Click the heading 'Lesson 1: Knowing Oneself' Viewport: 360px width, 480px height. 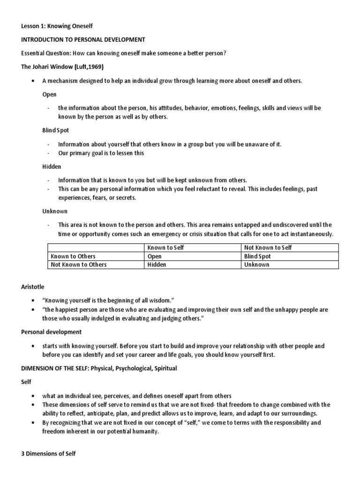[58, 26]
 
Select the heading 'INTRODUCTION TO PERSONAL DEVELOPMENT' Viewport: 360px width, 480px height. [83, 40]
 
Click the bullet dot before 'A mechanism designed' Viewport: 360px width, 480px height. [32, 81]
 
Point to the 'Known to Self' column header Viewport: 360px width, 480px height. [165, 247]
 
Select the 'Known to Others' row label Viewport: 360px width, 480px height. [73, 256]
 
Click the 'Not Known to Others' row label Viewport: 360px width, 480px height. [78, 264]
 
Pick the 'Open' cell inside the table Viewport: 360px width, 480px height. [155, 256]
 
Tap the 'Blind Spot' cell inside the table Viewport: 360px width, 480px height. [257, 256]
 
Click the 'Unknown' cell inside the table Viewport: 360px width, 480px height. [257, 264]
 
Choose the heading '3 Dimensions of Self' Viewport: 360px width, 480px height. [49, 454]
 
